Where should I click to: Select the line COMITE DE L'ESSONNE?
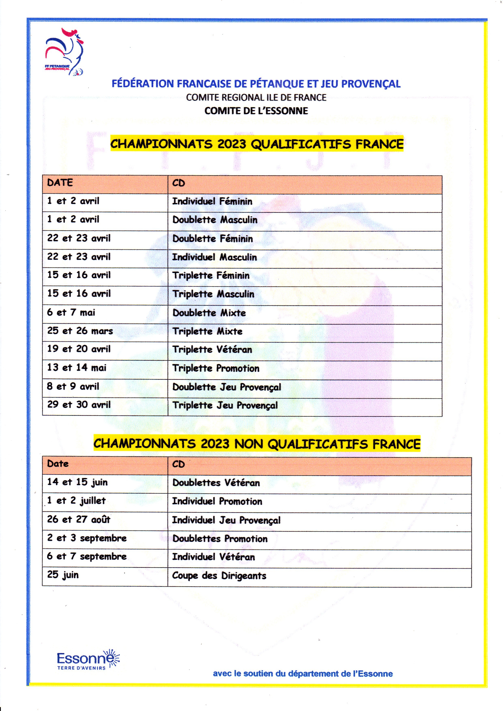coord(256,111)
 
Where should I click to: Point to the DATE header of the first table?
coord(60,183)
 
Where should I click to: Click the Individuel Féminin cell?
coord(212,201)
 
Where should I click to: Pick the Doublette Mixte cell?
coord(209,313)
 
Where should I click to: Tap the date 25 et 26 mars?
coord(80,331)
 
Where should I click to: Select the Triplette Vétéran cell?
coord(212,349)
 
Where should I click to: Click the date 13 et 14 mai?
coord(77,368)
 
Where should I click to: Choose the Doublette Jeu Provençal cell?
coord(226,387)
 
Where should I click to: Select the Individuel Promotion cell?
coord(217,501)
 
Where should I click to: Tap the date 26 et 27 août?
coord(79,519)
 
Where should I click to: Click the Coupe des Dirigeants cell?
coord(219,576)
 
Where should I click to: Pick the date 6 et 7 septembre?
coord(87,556)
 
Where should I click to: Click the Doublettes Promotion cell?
coord(220,539)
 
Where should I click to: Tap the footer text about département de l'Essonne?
coord(303,674)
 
